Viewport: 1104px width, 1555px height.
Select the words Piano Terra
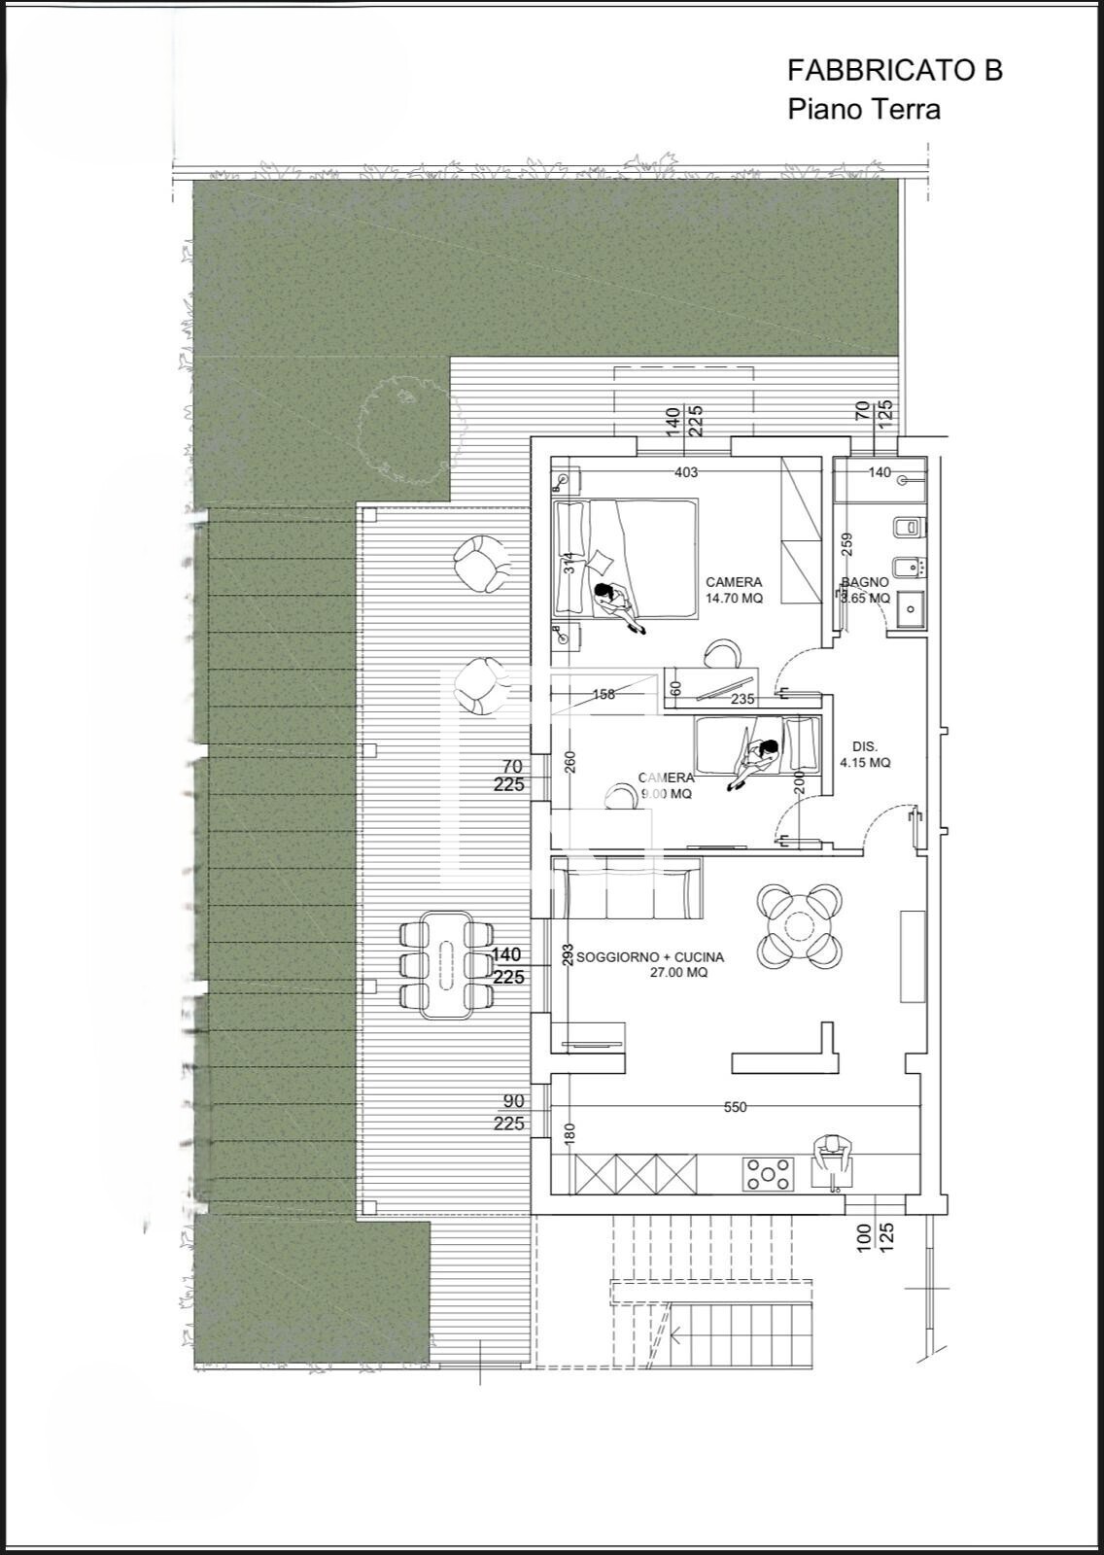point(863,109)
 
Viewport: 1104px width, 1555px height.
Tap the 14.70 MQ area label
point(734,599)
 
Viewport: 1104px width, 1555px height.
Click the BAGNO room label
point(864,582)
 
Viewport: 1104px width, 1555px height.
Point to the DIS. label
point(864,746)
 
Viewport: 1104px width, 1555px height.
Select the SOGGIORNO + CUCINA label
point(649,957)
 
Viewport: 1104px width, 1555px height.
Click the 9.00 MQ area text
point(666,794)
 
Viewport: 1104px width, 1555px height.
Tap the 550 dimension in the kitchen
point(736,1107)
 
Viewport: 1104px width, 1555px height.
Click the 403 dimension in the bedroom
point(686,473)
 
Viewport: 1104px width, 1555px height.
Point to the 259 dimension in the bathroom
point(845,544)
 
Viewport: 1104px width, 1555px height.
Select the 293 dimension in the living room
point(569,954)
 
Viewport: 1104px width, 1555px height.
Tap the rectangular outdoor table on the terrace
point(446,964)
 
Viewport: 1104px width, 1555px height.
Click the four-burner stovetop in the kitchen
point(768,1173)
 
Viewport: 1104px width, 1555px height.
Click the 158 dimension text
point(604,695)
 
